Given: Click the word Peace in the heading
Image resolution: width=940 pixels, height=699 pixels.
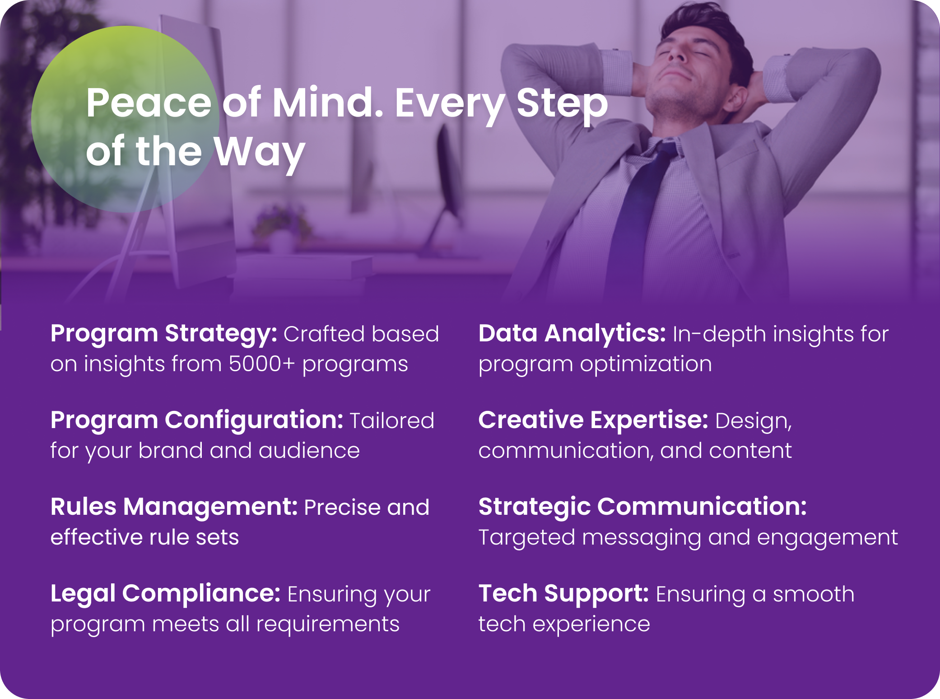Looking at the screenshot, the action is coord(149,103).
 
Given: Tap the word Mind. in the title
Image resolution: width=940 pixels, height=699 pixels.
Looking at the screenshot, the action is coord(328,103).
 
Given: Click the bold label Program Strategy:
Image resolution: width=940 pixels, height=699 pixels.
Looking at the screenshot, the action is coord(163,335).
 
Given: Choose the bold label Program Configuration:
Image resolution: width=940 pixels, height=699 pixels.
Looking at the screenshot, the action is coord(197,421).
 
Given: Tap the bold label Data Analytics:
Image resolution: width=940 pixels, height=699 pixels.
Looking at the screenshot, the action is coord(572,335).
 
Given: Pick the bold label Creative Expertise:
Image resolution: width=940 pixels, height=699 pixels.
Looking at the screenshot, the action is coord(593,421).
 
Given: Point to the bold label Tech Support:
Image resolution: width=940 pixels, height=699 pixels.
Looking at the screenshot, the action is coord(564,594).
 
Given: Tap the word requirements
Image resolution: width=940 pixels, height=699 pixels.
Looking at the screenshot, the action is coord(328,625).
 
